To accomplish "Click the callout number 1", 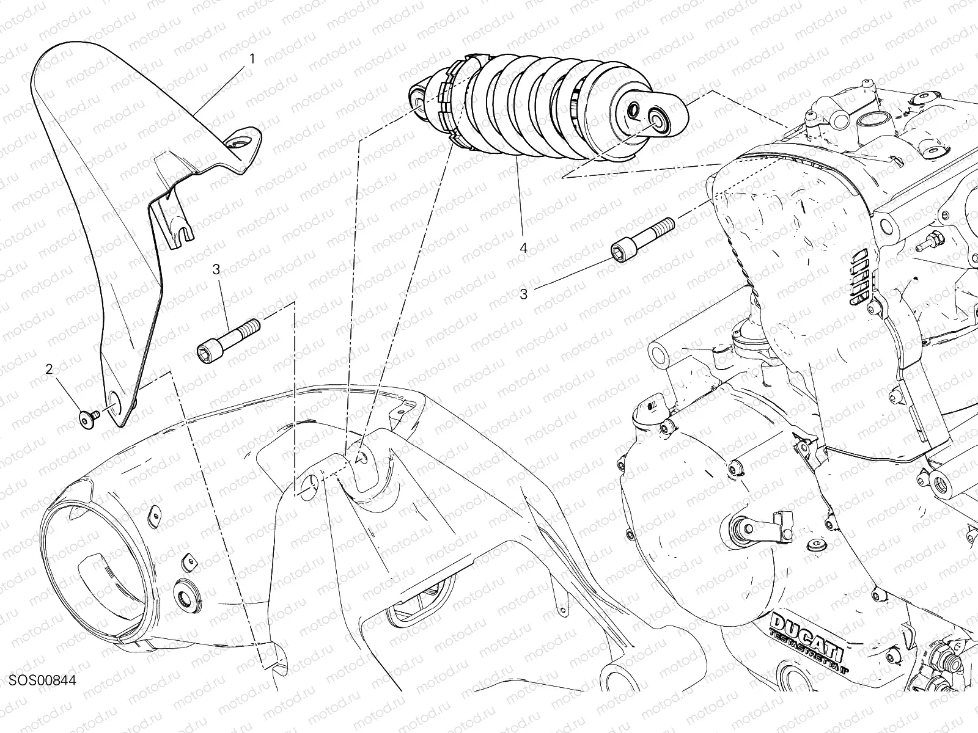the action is (x=252, y=59).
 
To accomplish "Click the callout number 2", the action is (x=49, y=369).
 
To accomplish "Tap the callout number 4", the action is (x=523, y=249).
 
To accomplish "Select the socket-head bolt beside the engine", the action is (x=642, y=240).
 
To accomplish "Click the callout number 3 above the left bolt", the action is (x=216, y=269).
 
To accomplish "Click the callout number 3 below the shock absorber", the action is (x=523, y=294).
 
